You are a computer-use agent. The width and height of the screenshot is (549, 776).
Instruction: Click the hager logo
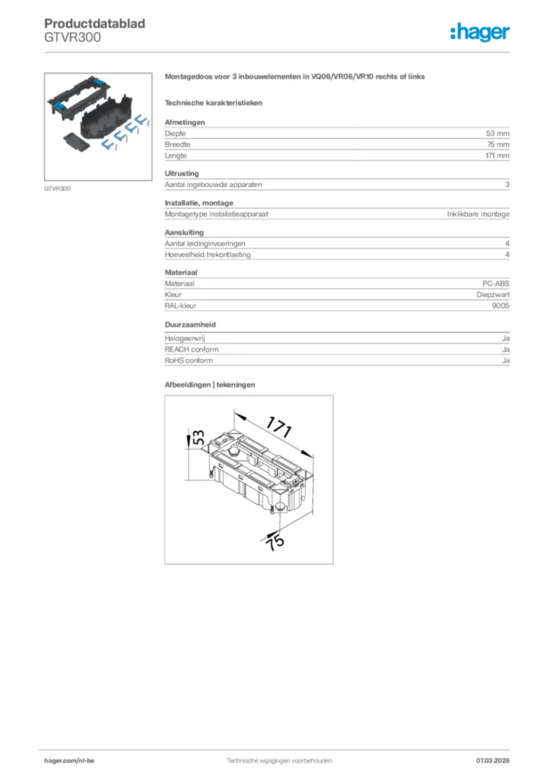[479, 32]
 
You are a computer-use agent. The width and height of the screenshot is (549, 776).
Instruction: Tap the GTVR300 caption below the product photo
[58, 189]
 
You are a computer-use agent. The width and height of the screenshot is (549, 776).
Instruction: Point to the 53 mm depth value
[497, 133]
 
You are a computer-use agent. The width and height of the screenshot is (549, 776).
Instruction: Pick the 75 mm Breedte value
[497, 144]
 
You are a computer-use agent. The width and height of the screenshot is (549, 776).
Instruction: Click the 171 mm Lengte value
[497, 155]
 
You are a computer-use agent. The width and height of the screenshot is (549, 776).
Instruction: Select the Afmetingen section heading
[184, 122]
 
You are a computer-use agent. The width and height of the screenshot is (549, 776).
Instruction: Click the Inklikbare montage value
[478, 214]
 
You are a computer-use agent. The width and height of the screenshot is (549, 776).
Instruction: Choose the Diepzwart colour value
[493, 294]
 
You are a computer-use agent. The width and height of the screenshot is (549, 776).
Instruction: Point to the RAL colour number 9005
[500, 305]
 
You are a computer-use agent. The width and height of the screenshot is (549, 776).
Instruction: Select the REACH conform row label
[192, 349]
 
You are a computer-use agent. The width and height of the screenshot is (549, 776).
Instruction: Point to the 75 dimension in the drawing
[274, 541]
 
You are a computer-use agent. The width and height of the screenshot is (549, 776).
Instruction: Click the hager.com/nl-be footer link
[69, 759]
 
